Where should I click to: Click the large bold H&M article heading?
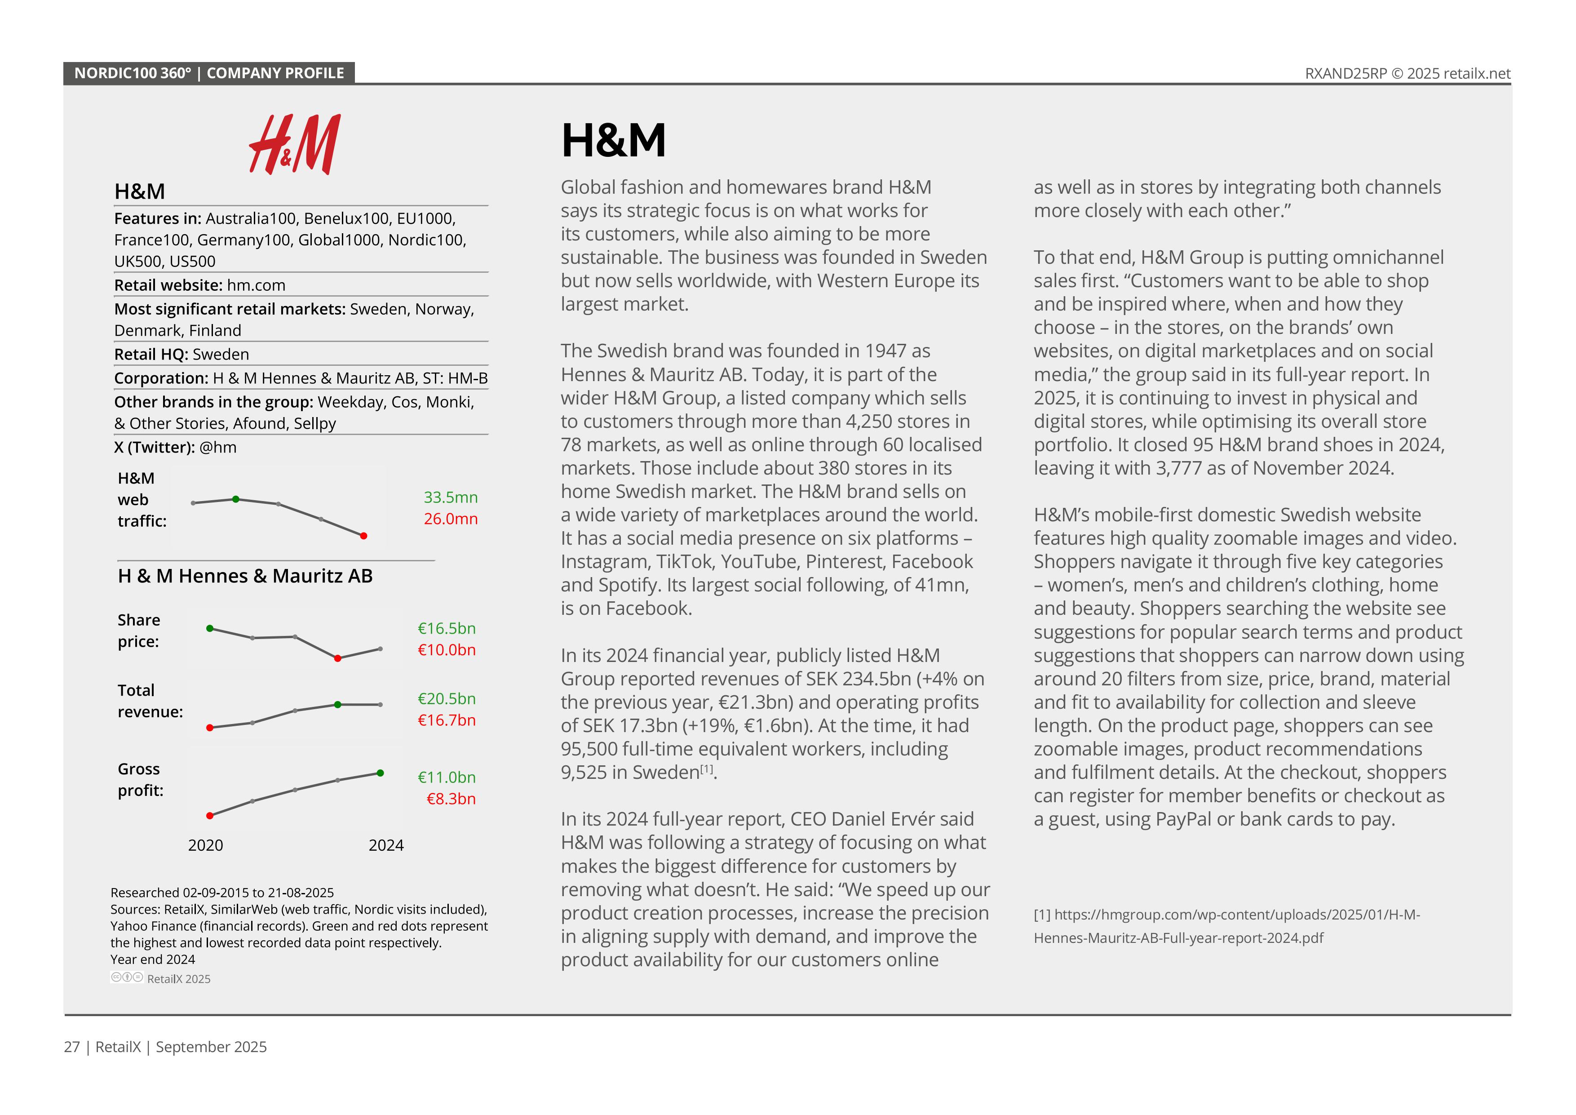pos(613,140)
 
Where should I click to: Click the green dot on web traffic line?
pos(236,499)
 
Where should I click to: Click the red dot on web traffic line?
pos(364,536)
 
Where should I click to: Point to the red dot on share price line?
pos(338,658)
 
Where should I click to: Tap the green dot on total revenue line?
pos(338,704)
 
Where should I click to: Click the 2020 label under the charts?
pos(205,845)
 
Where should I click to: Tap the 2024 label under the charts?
pos(386,845)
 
